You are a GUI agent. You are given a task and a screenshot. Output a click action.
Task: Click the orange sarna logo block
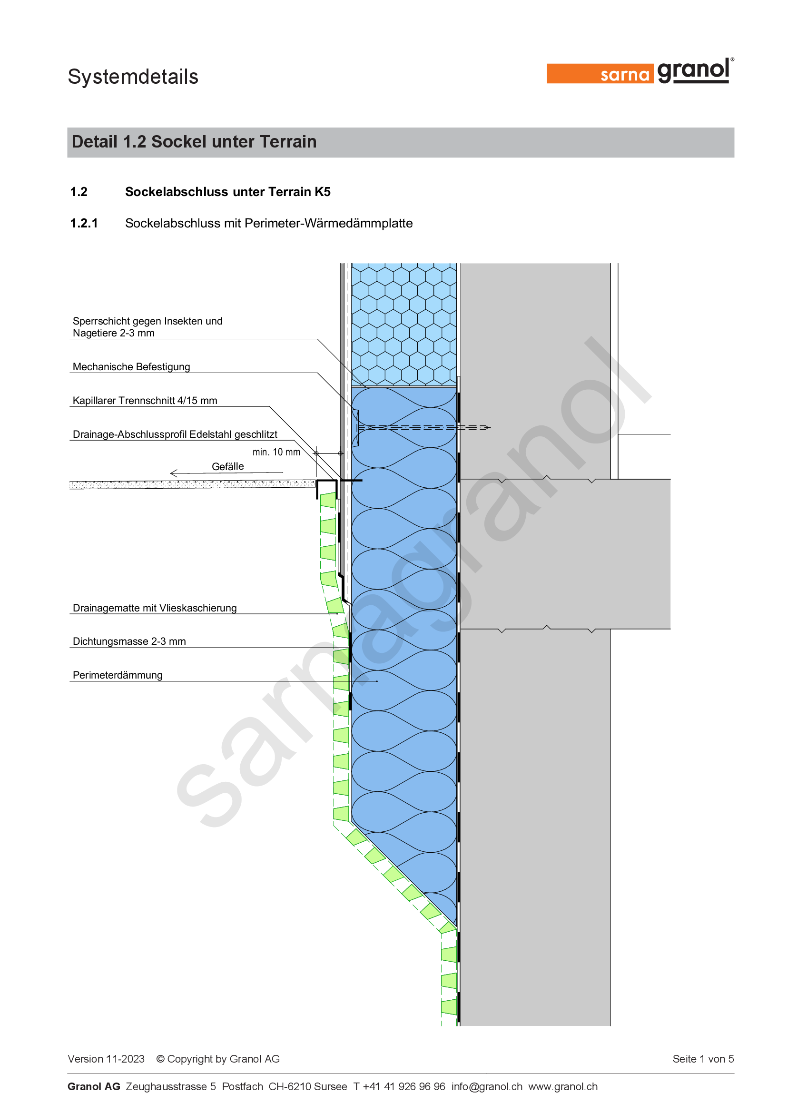600,74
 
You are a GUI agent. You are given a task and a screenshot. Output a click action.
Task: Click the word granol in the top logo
693,71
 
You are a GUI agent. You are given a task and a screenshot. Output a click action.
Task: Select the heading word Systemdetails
133,77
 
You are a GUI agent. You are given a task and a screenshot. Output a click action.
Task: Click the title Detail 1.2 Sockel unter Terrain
194,141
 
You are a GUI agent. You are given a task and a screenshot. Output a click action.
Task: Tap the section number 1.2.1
84,223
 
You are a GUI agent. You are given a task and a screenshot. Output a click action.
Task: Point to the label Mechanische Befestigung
131,366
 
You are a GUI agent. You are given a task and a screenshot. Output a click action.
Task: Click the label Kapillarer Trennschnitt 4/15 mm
145,400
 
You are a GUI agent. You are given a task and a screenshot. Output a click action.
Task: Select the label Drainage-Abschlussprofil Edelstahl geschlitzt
175,434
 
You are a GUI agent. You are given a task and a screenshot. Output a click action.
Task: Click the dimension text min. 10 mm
276,452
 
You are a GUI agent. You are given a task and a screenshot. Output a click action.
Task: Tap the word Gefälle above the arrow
228,466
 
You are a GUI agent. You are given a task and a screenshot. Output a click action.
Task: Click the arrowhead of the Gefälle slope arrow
174,473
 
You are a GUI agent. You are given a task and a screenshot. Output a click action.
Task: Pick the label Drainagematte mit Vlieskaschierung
155,608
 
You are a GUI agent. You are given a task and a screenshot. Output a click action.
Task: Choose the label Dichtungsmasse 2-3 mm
129,641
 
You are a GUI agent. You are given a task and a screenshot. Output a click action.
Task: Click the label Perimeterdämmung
118,675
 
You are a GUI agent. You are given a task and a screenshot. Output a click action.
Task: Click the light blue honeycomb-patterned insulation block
404,325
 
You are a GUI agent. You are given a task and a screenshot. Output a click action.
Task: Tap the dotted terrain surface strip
192,484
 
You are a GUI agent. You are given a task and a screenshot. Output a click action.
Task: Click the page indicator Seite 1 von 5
703,1059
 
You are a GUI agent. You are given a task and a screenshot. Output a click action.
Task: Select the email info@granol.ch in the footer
487,1086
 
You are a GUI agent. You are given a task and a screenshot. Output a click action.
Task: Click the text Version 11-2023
106,1059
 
